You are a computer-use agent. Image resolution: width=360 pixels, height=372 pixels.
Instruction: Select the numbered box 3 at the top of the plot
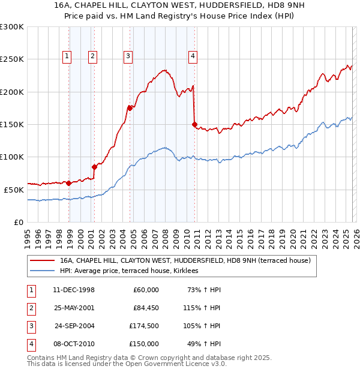[128, 56]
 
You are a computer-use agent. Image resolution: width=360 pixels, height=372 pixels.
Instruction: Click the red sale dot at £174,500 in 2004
[130, 108]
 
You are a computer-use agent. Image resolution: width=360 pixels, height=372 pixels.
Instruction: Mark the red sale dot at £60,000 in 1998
[69, 183]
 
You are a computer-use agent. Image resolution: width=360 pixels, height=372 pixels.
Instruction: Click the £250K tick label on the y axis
[12, 59]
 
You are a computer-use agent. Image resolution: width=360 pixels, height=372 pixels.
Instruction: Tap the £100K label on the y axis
[12, 157]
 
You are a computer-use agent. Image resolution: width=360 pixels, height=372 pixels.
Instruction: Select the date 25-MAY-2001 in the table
[74, 308]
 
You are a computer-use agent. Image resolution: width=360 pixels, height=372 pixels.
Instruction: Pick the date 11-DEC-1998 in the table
[74, 290]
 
